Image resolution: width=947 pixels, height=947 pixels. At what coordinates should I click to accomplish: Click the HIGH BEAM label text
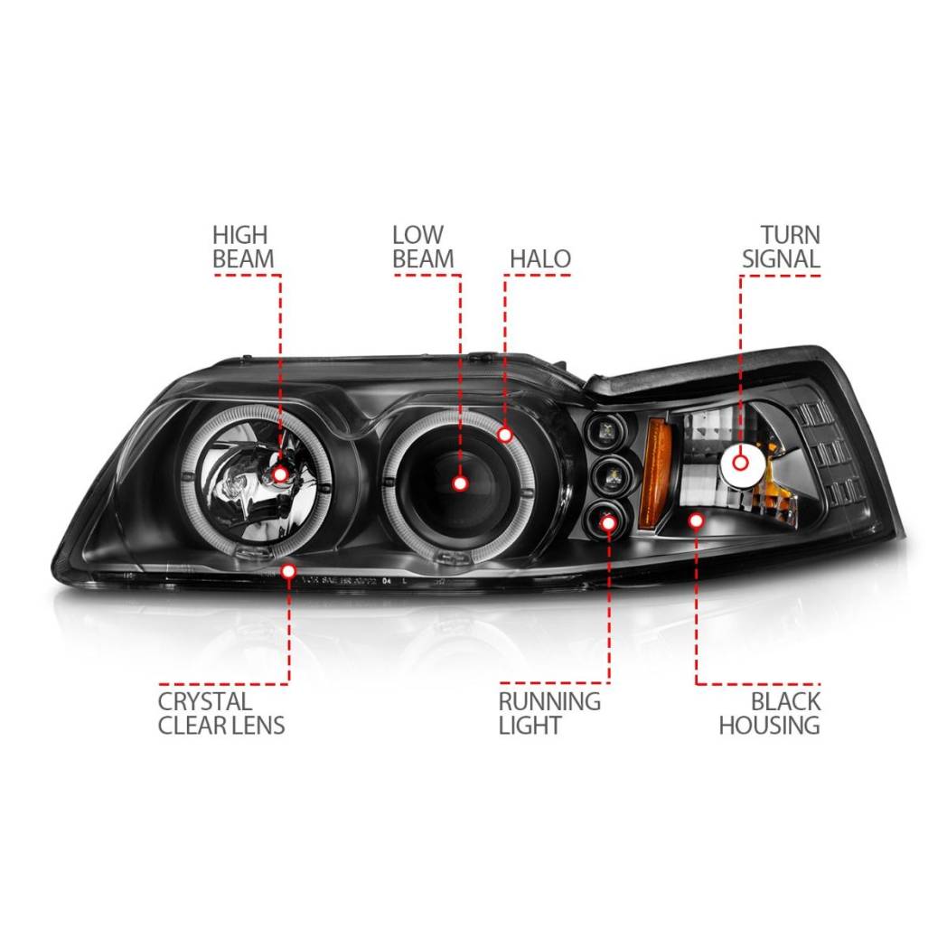tap(243, 247)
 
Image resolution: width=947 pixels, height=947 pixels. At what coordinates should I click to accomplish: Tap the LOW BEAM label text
tap(423, 247)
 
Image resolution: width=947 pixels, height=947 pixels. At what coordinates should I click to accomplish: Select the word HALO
tap(540, 259)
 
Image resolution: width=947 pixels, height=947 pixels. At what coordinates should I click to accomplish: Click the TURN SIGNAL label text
tap(781, 247)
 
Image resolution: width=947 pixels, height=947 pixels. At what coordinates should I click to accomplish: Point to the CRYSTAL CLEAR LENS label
tap(221, 713)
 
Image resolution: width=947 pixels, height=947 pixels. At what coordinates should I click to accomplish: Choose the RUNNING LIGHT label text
tap(549, 713)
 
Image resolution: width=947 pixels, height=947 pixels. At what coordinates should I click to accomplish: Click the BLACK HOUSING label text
tap(770, 713)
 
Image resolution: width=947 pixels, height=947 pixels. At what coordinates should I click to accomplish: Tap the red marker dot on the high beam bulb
tap(280, 474)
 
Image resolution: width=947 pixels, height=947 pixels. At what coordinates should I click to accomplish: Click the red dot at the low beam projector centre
tap(460, 483)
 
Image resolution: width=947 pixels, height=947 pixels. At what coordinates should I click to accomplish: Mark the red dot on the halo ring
tap(505, 435)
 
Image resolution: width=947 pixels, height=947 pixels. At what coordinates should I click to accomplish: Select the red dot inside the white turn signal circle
tap(740, 464)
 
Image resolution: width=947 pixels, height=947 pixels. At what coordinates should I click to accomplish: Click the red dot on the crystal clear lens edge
tap(288, 571)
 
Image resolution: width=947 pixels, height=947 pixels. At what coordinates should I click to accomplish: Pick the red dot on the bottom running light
tap(609, 520)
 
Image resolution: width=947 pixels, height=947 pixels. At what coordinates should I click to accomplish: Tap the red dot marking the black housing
tap(697, 520)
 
